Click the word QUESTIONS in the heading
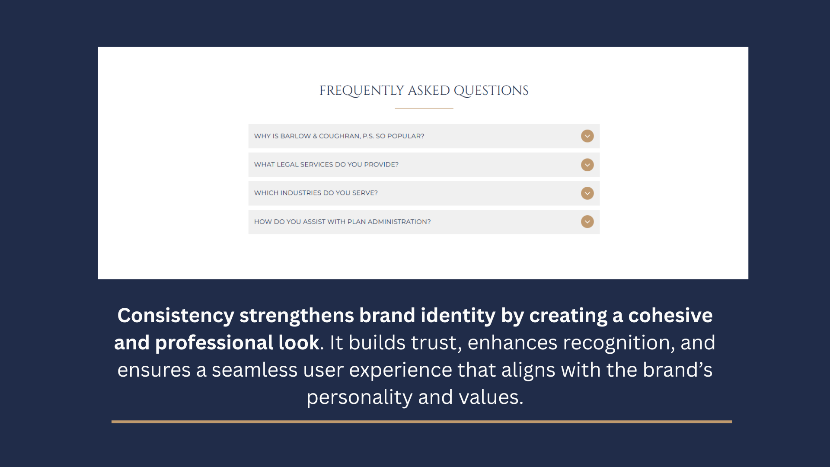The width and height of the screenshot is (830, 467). pyautogui.click(x=491, y=91)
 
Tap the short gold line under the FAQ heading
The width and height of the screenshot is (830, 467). pyautogui.click(x=424, y=108)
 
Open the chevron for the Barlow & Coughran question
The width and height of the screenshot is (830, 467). pyautogui.click(x=587, y=136)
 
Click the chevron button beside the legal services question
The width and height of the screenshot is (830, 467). pyautogui.click(x=587, y=165)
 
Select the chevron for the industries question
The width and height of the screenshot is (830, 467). pyautogui.click(x=587, y=193)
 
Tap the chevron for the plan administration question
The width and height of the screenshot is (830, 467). pyautogui.click(x=587, y=222)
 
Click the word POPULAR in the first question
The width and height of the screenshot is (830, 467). pyautogui.click(x=404, y=136)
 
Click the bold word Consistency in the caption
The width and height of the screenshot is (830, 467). pyautogui.click(x=176, y=316)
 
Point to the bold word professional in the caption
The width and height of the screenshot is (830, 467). pyautogui.click(x=214, y=343)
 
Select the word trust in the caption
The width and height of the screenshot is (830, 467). pyautogui.click(x=434, y=343)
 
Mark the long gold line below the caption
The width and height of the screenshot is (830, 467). pyautogui.click(x=422, y=422)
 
